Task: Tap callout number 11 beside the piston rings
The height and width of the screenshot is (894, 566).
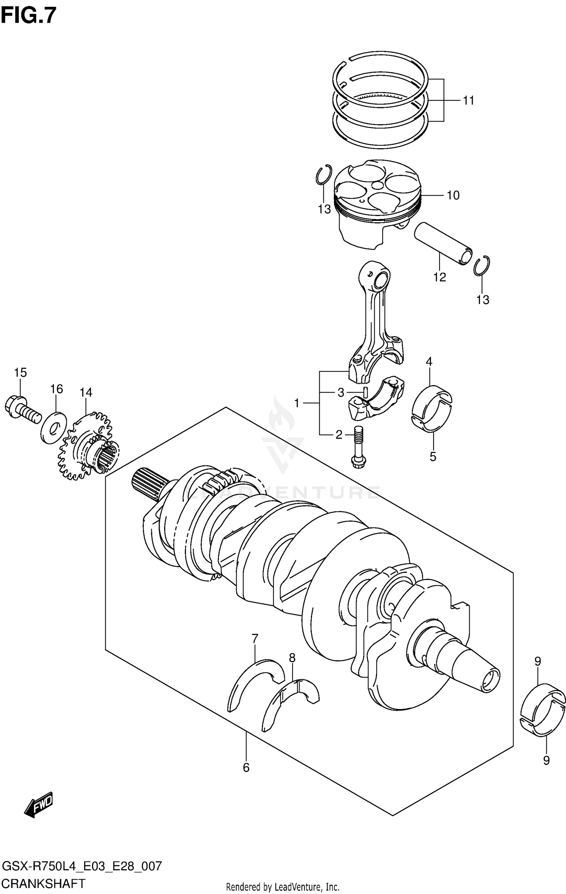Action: click(x=468, y=101)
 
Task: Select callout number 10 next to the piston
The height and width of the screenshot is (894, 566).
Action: click(x=453, y=196)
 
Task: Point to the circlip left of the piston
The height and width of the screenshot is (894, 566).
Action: click(x=324, y=175)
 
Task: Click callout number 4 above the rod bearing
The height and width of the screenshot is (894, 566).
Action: click(x=429, y=362)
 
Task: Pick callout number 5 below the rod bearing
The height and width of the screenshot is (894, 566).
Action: click(x=432, y=456)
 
